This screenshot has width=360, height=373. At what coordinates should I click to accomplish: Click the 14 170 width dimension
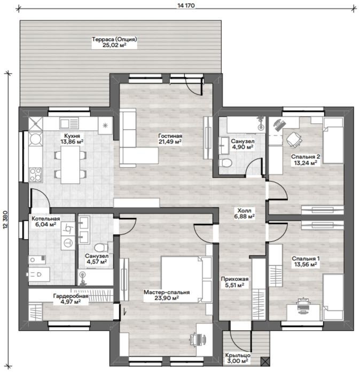186,5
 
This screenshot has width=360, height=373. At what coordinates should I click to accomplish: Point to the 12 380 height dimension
6,219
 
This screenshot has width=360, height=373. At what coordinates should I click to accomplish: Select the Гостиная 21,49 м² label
170,139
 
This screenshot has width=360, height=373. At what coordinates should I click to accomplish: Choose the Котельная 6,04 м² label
46,221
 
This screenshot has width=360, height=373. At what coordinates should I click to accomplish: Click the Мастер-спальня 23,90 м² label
167,295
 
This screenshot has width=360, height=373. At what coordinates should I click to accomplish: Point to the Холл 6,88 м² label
245,213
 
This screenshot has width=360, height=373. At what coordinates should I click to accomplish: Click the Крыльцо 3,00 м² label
238,358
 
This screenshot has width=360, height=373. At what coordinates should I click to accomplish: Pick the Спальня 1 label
306,259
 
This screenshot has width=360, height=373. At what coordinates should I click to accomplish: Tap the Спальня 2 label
306,157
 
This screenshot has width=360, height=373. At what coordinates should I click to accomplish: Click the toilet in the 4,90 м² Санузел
225,163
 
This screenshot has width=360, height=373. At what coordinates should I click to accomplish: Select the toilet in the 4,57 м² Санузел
101,248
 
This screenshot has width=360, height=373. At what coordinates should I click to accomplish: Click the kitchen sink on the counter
69,123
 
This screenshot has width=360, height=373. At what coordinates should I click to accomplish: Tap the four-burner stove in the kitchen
35,175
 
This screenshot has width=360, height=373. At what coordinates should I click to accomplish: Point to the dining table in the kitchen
71,164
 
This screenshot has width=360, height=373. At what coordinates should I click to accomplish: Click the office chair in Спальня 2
294,139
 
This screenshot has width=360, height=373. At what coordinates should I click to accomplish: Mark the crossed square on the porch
265,361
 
